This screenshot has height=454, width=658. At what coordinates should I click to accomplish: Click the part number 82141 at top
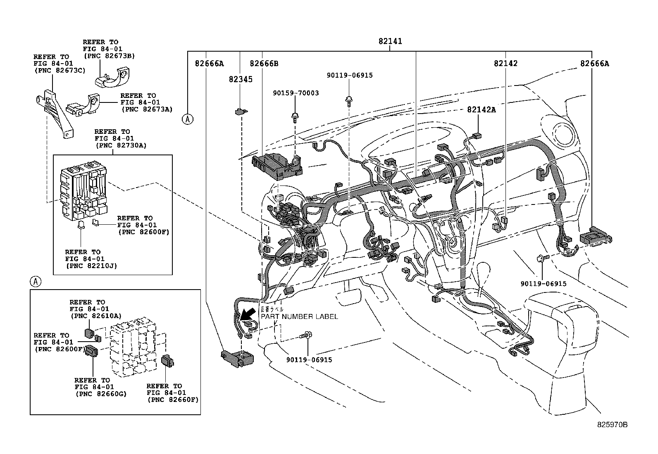pyautogui.click(x=390, y=41)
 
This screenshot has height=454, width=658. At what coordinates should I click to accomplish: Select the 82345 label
pyautogui.click(x=240, y=79)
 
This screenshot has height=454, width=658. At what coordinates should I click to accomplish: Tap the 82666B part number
pyautogui.click(x=264, y=64)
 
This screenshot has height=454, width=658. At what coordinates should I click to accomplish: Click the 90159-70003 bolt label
pyautogui.click(x=296, y=93)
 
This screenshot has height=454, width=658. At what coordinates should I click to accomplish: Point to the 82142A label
pyautogui.click(x=482, y=109)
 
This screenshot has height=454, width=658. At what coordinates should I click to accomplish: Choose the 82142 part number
pyautogui.click(x=505, y=64)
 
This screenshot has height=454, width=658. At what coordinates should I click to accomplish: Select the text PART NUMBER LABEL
pyautogui.click(x=299, y=316)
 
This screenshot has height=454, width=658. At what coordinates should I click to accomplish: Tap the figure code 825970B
pyautogui.click(x=612, y=425)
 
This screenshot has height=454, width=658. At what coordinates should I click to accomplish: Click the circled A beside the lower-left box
pyautogui.click(x=36, y=282)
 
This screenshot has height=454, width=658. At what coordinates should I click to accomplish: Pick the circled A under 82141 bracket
pyautogui.click(x=188, y=119)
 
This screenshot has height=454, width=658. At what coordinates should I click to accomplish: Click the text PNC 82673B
pyautogui.click(x=109, y=55)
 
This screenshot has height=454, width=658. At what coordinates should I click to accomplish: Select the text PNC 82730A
pyautogui.click(x=121, y=145)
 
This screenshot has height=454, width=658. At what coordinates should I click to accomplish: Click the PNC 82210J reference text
pyautogui.click(x=92, y=266)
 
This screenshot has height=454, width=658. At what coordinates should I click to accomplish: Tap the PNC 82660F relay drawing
pyautogui.click(x=167, y=361)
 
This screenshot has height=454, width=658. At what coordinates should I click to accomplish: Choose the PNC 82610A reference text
pyautogui.click(x=95, y=316)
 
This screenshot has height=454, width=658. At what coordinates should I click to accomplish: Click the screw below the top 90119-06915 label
pyautogui.click(x=349, y=100)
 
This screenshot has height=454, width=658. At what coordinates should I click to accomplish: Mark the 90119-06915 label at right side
pyautogui.click(x=543, y=284)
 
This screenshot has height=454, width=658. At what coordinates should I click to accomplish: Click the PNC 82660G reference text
pyautogui.click(x=101, y=394)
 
